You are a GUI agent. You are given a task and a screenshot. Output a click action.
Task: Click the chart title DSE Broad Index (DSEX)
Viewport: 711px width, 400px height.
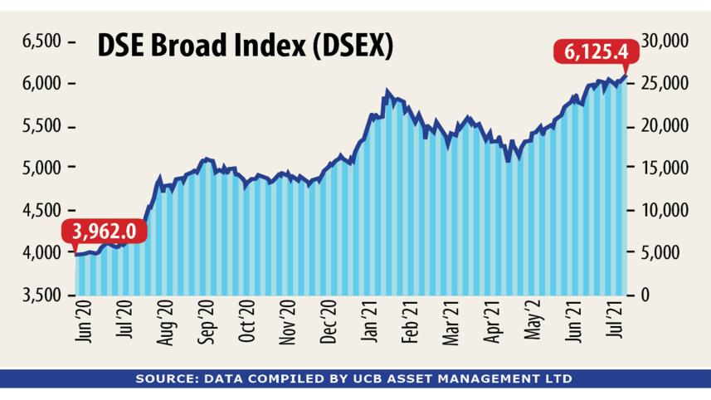[246, 46]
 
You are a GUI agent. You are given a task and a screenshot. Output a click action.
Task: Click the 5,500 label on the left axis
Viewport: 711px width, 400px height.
[41, 126]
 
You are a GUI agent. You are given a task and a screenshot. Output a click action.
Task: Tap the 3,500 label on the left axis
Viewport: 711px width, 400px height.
[41, 295]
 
